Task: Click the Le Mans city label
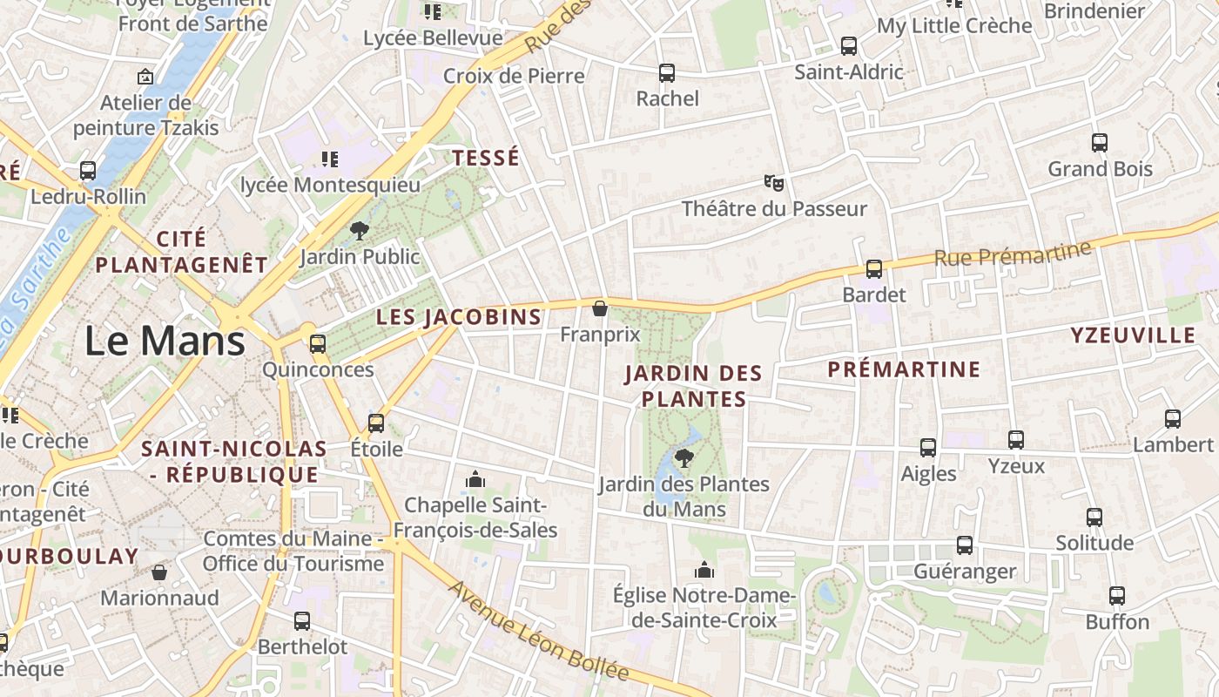click(165, 341)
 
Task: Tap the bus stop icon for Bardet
click(874, 269)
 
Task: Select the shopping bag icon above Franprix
click(599, 308)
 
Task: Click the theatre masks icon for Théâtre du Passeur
click(773, 183)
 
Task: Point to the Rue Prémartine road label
click(1012, 254)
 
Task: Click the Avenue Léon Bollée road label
click(538, 632)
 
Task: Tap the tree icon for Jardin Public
click(359, 231)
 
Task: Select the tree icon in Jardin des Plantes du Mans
click(684, 458)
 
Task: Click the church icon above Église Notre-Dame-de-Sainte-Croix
click(704, 570)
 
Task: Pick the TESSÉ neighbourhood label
click(485, 158)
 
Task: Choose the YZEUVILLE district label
click(1133, 335)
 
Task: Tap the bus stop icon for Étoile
click(376, 423)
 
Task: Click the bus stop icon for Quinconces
click(318, 344)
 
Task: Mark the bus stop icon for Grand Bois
click(1100, 143)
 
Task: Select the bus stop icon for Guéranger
click(965, 545)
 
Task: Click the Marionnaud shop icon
click(158, 572)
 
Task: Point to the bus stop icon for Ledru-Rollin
click(88, 171)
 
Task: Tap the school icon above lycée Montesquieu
click(329, 159)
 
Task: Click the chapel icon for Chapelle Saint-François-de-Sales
click(475, 479)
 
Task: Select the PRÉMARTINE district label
click(904, 369)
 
